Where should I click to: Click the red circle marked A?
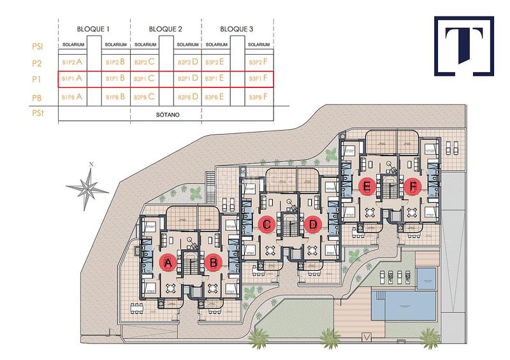(168, 263)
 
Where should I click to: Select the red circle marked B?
(214, 263)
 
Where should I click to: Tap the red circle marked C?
(268, 224)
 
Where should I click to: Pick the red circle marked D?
(312, 224)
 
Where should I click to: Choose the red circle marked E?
(367, 187)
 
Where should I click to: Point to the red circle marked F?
(413, 187)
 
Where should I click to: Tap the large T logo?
(463, 46)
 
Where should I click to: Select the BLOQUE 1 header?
(94, 29)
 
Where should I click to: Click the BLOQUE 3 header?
(237, 29)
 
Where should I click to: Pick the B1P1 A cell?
(72, 79)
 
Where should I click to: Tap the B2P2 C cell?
(145, 62)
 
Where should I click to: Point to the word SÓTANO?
(165, 115)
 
